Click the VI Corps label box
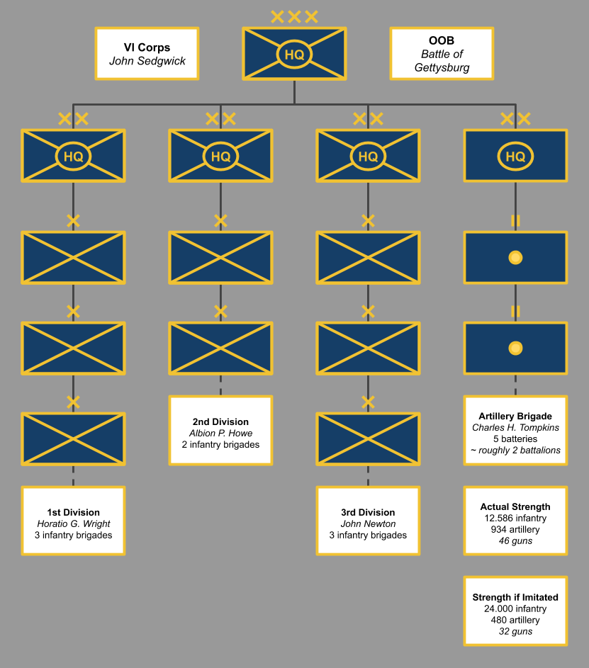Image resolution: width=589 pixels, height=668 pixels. [147, 53]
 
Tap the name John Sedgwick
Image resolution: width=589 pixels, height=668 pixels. [147, 61]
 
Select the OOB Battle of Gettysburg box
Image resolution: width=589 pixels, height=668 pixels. [442, 53]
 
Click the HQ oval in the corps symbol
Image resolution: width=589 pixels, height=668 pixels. [294, 54]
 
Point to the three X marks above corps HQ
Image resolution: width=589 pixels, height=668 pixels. [294, 16]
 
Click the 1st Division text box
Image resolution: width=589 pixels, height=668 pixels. [73, 521]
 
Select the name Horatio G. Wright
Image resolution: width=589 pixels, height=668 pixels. [73, 524]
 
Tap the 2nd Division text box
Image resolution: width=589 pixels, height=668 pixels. [220, 430]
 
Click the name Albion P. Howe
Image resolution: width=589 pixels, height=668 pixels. [220, 434]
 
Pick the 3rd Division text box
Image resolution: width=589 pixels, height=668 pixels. [368, 521]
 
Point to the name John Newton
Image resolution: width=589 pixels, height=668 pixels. [368, 524]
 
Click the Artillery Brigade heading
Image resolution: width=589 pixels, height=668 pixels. [515, 417]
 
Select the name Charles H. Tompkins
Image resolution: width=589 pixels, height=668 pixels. [515, 428]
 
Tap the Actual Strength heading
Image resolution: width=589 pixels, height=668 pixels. [515, 507]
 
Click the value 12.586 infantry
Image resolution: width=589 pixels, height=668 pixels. [515, 519]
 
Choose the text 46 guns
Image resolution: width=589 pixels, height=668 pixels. [515, 541]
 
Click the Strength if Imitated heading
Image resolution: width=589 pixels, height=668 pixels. [515, 598]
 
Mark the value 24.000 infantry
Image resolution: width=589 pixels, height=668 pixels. [515, 609]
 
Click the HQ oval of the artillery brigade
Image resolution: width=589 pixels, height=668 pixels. [515, 156]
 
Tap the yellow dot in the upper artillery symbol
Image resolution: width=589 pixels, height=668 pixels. [515, 258]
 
